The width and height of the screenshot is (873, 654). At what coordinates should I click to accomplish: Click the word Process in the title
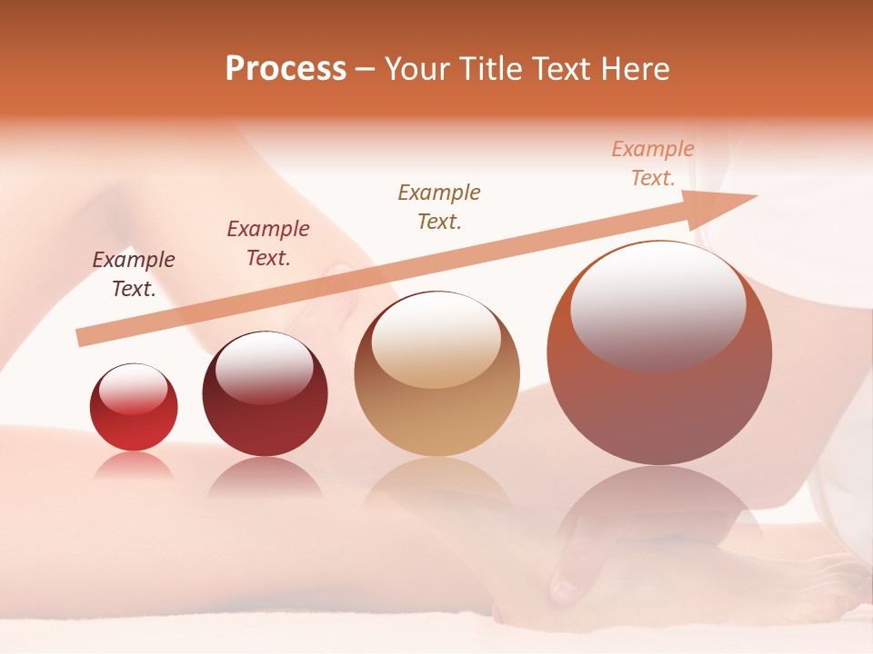click(x=286, y=69)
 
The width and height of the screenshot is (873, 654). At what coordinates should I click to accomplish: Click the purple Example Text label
click(x=134, y=274)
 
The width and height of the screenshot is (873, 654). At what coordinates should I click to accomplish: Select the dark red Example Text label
click(x=268, y=243)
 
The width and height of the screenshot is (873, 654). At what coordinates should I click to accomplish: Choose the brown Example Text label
click(x=439, y=207)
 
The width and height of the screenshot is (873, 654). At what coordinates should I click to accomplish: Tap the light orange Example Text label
click(x=653, y=163)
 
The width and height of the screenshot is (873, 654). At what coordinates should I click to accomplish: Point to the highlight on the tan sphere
click(x=436, y=339)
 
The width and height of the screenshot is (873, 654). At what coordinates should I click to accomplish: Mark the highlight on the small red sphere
click(x=133, y=388)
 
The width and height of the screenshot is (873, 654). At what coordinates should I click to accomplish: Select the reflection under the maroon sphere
click(x=265, y=477)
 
